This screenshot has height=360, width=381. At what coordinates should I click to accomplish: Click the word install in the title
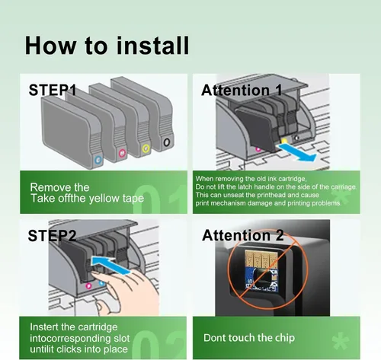(x=152, y=46)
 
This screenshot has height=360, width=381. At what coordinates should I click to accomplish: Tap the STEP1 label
(x=53, y=90)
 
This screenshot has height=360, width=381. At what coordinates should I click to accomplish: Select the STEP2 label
(x=52, y=236)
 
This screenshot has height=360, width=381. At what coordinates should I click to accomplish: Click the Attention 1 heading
(x=242, y=90)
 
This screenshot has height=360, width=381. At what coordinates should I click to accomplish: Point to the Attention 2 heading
(x=242, y=235)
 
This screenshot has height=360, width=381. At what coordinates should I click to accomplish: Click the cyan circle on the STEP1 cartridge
(x=98, y=160)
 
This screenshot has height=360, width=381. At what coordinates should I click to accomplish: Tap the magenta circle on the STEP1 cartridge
(x=122, y=153)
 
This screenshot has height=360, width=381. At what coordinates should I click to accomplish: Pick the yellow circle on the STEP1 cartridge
(x=146, y=148)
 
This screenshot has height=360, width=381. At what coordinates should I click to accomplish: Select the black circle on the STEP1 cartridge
(x=167, y=142)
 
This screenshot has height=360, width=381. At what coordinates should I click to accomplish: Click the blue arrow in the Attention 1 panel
(x=297, y=151)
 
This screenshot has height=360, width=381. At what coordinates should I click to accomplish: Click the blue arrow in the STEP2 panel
(x=110, y=265)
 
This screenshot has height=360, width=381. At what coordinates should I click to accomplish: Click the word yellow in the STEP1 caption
(x=104, y=199)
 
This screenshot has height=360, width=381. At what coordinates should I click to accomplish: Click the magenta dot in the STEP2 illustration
(x=88, y=286)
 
